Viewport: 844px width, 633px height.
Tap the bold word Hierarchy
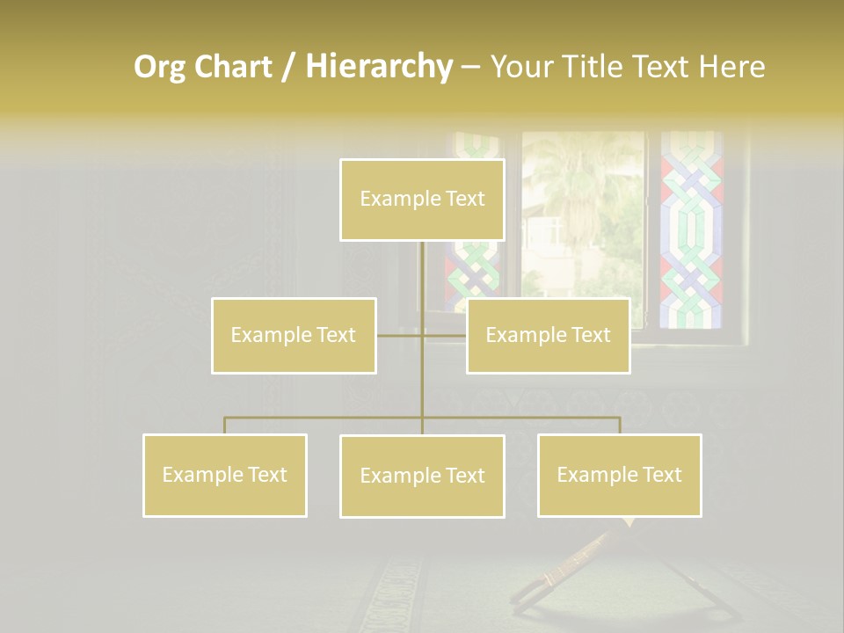tap(378, 67)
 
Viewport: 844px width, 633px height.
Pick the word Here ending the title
tap(731, 67)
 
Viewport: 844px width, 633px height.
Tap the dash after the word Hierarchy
tap(470, 68)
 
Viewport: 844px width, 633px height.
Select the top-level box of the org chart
tap(422, 200)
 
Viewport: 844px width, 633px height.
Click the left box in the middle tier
tap(294, 335)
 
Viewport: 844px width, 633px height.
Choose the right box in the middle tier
tap(548, 335)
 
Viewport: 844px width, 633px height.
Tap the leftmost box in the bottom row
tap(224, 475)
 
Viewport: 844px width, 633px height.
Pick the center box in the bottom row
tap(422, 476)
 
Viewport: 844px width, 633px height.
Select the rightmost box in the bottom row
tap(619, 475)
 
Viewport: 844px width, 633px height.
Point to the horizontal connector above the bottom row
tap(325, 417)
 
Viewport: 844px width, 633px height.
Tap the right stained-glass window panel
tap(691, 229)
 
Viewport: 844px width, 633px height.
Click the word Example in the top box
tap(393, 200)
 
